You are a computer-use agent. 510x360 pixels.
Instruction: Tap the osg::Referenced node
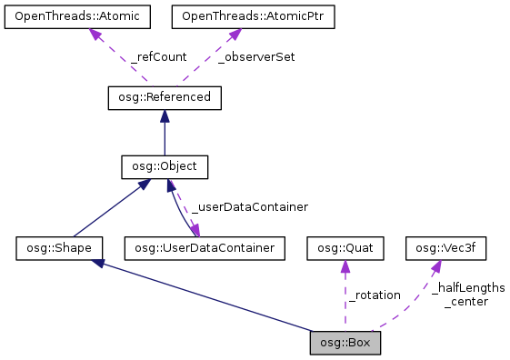point(164,96)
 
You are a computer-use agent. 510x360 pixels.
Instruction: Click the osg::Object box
point(165,166)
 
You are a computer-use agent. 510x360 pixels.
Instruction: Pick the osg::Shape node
point(59,246)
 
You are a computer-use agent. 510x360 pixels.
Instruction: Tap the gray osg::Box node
point(345,343)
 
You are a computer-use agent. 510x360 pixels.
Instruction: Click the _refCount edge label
point(158,56)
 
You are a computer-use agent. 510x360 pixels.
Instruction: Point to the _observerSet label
point(257,56)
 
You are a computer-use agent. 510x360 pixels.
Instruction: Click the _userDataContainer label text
point(249,206)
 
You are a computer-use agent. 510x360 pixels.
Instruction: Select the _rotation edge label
point(374,295)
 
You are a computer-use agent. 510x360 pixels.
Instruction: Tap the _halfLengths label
point(468,287)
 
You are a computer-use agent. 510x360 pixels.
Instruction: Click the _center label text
point(465,301)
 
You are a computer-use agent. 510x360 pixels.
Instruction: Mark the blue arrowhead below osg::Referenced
point(164,115)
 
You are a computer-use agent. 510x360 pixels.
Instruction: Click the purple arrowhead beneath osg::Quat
point(345,265)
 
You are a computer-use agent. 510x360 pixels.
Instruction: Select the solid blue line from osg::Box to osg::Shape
point(209,296)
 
